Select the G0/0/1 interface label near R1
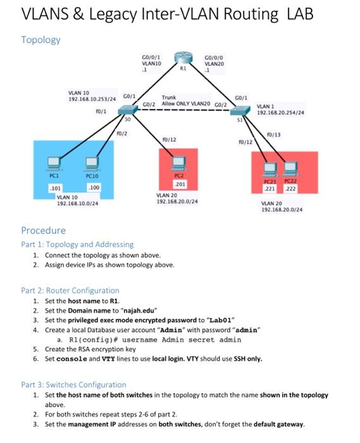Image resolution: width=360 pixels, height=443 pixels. point(152,58)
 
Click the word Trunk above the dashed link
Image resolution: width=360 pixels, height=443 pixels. point(169,97)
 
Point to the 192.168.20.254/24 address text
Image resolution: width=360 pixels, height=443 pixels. point(280,112)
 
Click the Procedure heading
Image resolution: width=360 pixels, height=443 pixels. point(43,230)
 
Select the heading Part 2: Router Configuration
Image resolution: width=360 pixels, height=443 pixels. point(70,290)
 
